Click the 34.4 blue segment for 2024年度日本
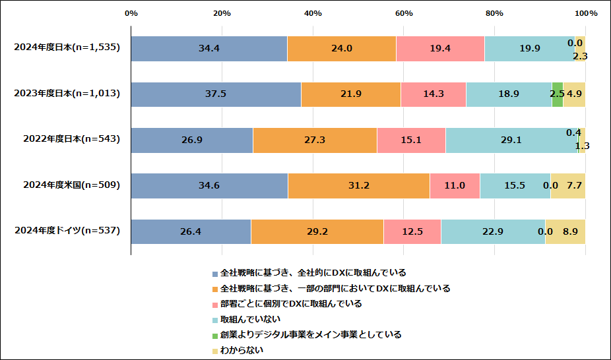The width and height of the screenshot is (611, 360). coord(209,48)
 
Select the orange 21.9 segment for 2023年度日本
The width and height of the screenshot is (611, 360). coord(350,94)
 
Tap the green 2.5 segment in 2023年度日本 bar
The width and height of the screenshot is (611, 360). coord(558,94)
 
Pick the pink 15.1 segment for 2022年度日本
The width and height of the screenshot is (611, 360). coord(411,140)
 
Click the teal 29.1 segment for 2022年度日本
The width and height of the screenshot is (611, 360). coord(511,140)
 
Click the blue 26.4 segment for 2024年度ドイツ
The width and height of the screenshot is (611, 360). coord(191,231)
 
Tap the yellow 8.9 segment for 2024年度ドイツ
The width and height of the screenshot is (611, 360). coord(565,231)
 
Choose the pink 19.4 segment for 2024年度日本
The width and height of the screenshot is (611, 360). coord(440,48)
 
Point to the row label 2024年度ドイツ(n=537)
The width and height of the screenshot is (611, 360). coord(66,231)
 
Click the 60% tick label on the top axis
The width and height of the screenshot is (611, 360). coord(404,13)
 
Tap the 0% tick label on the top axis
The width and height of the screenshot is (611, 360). coord(131,13)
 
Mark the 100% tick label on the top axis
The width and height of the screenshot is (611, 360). coord(585,13)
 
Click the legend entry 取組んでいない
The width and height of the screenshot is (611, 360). coord(245,319)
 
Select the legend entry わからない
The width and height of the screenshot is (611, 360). coord(241,350)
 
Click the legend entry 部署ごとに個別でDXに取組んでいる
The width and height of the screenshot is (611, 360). coord(290,304)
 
